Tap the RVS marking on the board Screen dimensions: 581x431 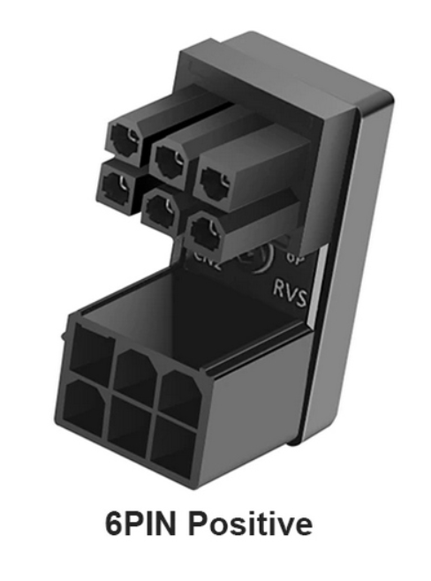(289, 292)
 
